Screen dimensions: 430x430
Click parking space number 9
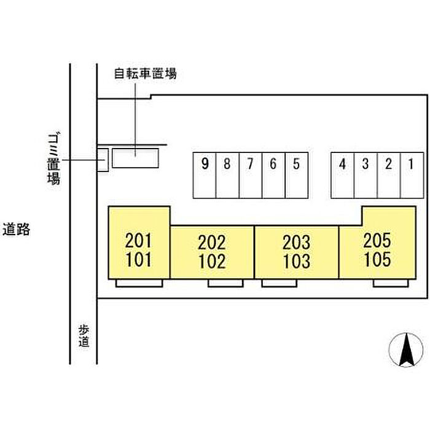[x=205, y=175]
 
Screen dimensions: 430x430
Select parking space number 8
[x=227, y=175]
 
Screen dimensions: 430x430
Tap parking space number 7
[x=251, y=175]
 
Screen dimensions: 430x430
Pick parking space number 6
[x=273, y=175]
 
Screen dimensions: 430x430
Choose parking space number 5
[x=297, y=175]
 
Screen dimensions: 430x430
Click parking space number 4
[x=343, y=175]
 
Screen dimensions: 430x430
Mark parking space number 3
[x=365, y=175]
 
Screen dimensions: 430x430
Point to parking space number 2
[x=388, y=175]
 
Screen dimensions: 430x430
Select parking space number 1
[x=412, y=175]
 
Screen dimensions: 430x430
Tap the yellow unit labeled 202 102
[x=212, y=252]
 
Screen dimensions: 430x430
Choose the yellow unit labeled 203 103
[x=296, y=252]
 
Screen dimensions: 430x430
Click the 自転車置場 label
[x=146, y=74]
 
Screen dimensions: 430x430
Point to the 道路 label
[x=17, y=230]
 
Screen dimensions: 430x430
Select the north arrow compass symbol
[x=405, y=350]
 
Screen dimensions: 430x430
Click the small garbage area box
[x=103, y=160]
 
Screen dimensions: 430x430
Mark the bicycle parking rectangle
[x=135, y=159]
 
